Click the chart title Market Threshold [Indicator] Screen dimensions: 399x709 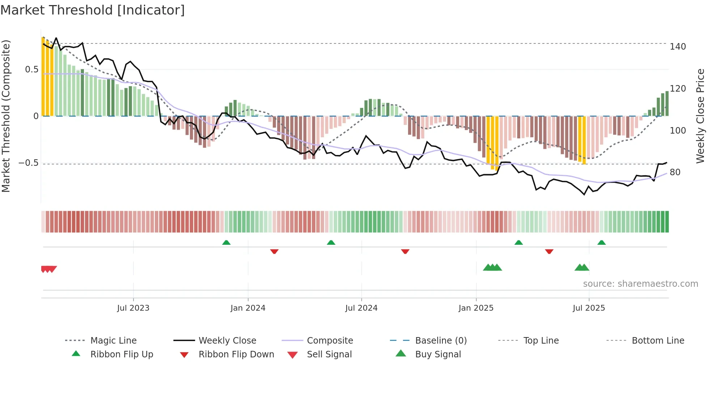tap(93, 10)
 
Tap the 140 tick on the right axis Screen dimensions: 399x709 tap(678, 47)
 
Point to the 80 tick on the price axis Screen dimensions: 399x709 tap(675, 172)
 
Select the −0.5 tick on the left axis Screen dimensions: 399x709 tap(28, 163)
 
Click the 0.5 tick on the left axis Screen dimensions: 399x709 tap(32, 70)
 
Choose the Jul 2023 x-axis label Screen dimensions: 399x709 tap(133, 308)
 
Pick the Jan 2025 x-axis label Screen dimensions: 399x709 tap(476, 308)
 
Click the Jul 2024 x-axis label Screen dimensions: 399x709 tap(361, 308)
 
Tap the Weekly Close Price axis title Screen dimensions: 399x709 tap(700, 116)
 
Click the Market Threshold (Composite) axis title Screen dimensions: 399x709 tap(6, 116)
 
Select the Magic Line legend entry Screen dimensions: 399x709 tap(113, 341)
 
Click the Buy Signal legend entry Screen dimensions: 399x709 tap(438, 354)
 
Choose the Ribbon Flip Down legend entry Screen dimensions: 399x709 tap(236, 354)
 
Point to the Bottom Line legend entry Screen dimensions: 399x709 tap(658, 341)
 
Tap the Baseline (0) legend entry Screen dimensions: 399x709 tap(441, 341)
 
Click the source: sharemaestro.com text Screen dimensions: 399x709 tap(640, 284)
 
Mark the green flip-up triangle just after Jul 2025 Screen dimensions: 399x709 tap(601, 243)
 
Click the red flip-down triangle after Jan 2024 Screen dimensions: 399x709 tap(274, 251)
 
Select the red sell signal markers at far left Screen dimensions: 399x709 tap(48, 269)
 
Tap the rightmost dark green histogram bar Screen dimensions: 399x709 tap(667, 104)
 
